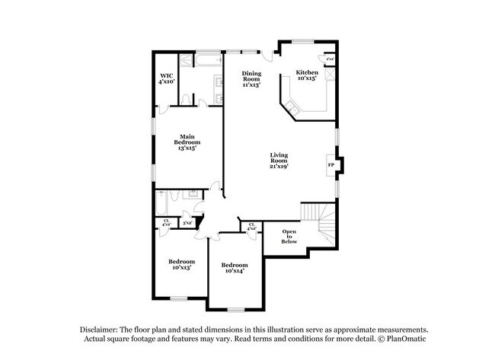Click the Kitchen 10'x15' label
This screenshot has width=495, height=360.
tap(307, 75)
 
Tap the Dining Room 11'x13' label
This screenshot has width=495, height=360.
tap(251, 79)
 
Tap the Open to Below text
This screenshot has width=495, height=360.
tap(289, 236)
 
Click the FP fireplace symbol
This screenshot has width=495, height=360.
tap(331, 165)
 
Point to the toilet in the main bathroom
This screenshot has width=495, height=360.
tap(187, 100)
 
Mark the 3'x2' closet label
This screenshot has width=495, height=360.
tap(187, 222)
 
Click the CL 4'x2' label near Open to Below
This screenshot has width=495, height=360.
tap(252, 227)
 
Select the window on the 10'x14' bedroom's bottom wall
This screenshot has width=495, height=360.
tap(236, 309)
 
